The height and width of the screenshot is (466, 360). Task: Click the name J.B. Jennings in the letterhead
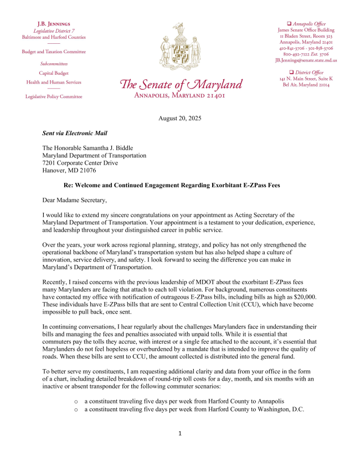(x=54, y=24)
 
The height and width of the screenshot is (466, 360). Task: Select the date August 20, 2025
(x=180, y=118)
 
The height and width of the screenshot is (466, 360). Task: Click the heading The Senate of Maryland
(x=181, y=85)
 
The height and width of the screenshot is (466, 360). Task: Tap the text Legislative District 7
(x=54, y=30)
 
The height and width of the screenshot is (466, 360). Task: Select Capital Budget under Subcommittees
(x=54, y=73)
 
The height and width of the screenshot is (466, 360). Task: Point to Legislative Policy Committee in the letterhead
(x=54, y=96)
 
